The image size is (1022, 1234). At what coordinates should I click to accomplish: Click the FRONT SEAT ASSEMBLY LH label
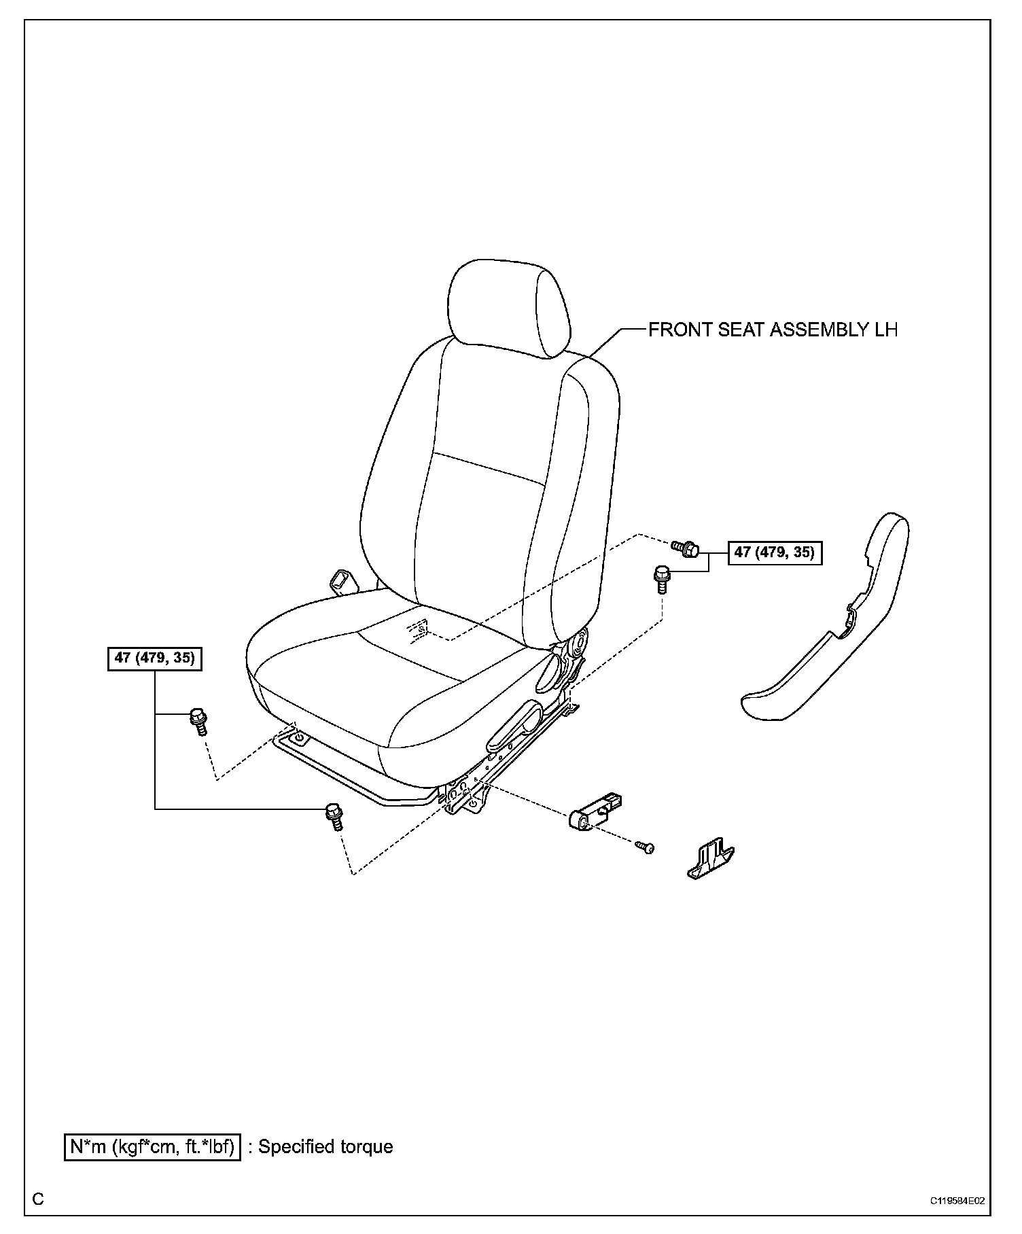coord(773,330)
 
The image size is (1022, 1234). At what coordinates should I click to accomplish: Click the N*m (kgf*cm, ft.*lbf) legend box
coord(152,1146)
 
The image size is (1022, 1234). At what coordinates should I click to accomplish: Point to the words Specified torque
coord(326,1146)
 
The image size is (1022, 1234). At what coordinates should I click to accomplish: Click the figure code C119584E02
coord(957,1200)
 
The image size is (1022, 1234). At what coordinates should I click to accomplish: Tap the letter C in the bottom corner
coord(38,1199)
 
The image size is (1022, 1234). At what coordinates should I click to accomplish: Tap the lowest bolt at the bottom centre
coord(334,815)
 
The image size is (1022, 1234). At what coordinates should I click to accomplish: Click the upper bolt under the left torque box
coord(198,721)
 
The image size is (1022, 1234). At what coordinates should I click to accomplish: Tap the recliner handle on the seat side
coord(514,725)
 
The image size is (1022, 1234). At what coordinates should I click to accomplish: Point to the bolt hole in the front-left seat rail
coord(299,737)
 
